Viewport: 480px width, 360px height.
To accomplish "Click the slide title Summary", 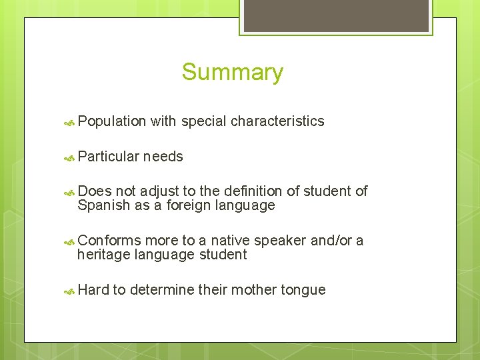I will (x=232, y=72).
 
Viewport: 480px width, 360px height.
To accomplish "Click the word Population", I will (x=111, y=121).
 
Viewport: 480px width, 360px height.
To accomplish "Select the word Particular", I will (x=108, y=157).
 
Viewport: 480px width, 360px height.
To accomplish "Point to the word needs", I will (x=163, y=157).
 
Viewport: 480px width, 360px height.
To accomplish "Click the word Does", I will (x=94, y=191).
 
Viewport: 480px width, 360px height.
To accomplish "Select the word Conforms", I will (x=109, y=241).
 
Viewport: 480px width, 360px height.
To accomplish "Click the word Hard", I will (x=93, y=290).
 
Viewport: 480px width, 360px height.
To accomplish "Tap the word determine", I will (x=162, y=290).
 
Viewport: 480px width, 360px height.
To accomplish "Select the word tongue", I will (x=303, y=290).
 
